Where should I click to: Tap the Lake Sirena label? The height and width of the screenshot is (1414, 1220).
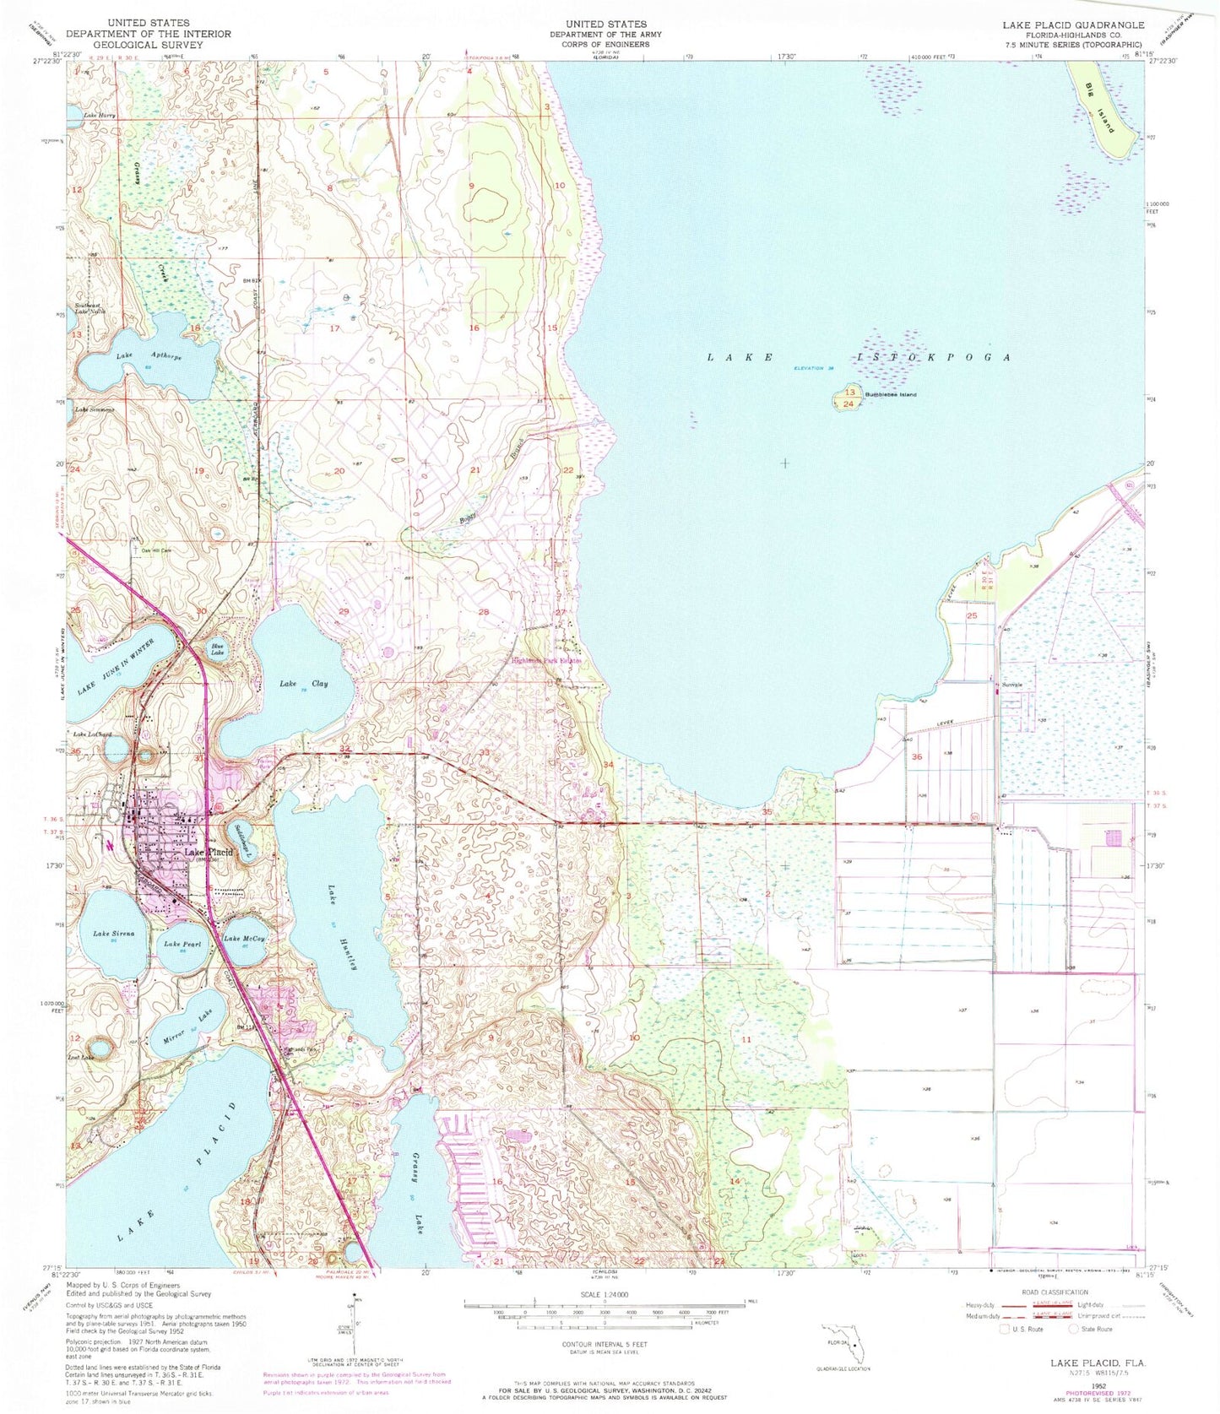coord(113,935)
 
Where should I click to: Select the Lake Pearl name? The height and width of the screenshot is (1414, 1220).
coord(182,944)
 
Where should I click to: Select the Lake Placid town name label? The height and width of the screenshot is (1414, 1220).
coord(209,853)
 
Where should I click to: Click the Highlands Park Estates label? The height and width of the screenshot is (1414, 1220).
coord(547,661)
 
